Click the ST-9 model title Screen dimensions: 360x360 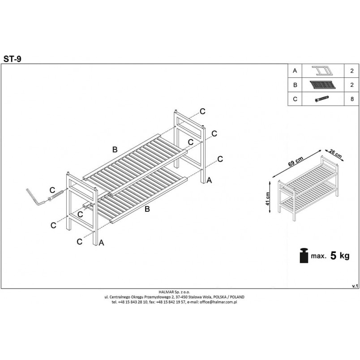pos(12,59)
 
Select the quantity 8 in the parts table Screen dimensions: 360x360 pos(352,99)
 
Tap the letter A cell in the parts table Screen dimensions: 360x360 pos(295,71)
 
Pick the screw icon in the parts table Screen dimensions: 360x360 pos(322,99)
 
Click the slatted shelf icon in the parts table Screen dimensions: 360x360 pos(322,85)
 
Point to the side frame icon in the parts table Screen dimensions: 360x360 pos(322,71)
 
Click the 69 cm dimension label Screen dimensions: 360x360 pos(296,161)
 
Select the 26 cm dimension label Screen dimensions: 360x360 pos(335,154)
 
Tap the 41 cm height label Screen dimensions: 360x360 pos(267,199)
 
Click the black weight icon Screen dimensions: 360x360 pos(304,255)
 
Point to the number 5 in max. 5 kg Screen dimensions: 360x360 pos(333,255)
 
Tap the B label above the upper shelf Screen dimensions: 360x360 pos(115,150)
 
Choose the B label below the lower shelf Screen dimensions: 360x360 pos(147,209)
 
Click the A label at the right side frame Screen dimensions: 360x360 pos(209,180)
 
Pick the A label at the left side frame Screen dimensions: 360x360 pos(101,243)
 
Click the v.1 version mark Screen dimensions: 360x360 pos(355,286)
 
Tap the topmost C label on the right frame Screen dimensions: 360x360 pos(202,111)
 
